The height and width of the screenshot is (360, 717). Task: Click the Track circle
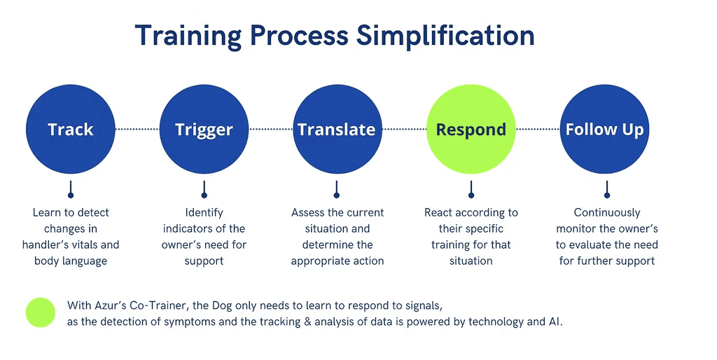coord(70,130)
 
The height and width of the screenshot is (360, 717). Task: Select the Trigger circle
coord(204,130)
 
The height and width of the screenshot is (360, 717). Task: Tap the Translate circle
coord(337,130)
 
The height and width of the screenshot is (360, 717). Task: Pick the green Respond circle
coord(471,130)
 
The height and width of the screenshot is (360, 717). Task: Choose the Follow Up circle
coord(604,130)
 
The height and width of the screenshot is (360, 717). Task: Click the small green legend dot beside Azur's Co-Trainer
coord(41,312)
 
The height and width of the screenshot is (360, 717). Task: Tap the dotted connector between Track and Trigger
coord(137,129)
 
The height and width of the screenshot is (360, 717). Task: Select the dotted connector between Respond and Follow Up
coord(538,129)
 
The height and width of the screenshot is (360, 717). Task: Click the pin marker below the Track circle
coord(70,191)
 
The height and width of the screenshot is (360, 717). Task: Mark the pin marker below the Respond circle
coord(471,191)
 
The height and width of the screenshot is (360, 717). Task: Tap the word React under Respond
coord(439,213)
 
